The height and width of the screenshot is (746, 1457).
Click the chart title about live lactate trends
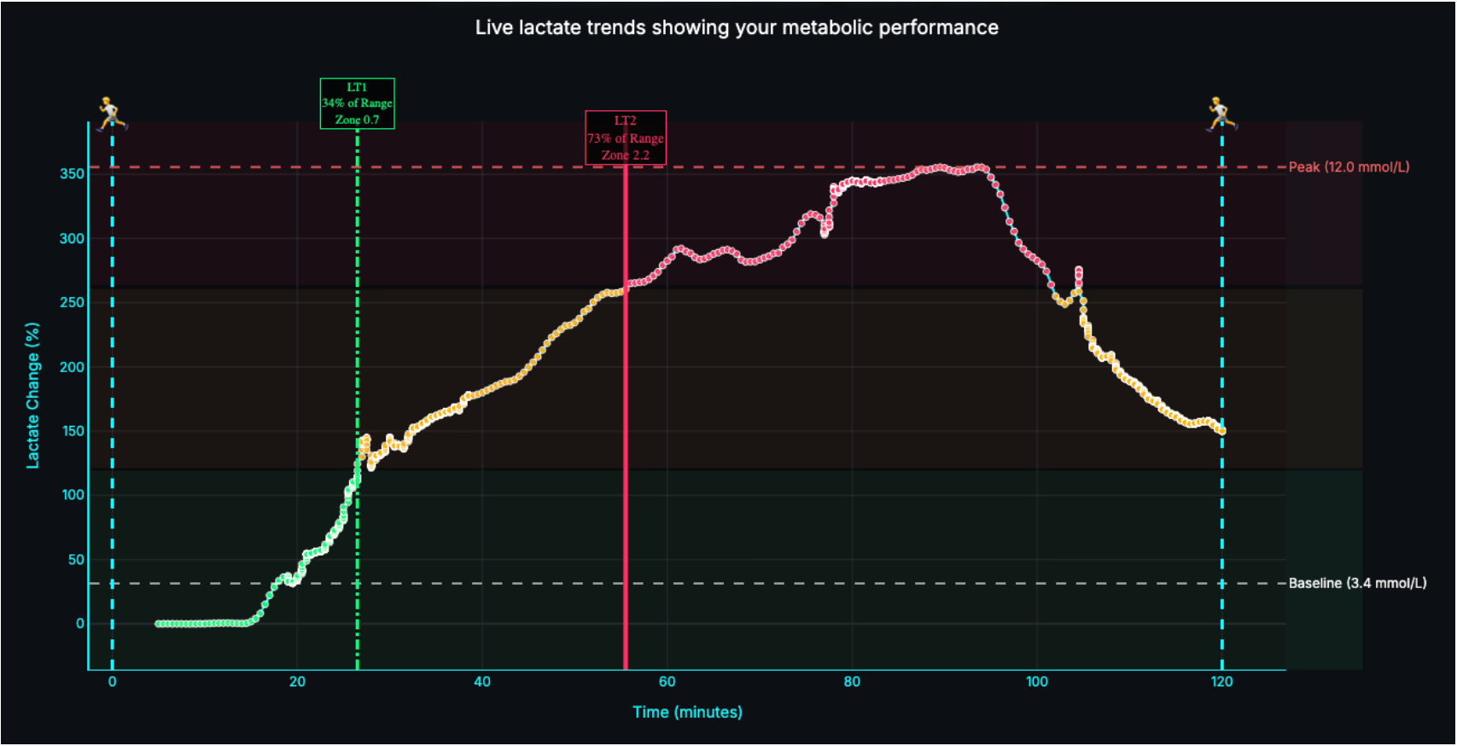pyautogui.click(x=736, y=27)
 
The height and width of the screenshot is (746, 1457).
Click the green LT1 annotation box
pyautogui.click(x=357, y=103)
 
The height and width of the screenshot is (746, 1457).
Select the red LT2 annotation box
pyautogui.click(x=626, y=137)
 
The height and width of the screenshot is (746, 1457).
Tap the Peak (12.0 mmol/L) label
pyautogui.click(x=1349, y=167)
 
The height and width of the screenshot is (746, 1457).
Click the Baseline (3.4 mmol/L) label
pyautogui.click(x=1357, y=584)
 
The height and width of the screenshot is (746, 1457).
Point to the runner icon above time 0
pyautogui.click(x=111, y=114)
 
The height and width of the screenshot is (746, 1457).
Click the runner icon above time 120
pyautogui.click(x=1221, y=114)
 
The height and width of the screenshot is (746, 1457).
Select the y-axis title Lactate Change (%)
pyautogui.click(x=32, y=395)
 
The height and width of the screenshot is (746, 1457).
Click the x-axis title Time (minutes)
pyautogui.click(x=687, y=712)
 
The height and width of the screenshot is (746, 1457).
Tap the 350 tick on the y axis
pyautogui.click(x=72, y=174)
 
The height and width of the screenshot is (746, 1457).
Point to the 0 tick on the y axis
pyautogui.click(x=79, y=624)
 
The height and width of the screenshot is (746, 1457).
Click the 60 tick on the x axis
pyautogui.click(x=667, y=681)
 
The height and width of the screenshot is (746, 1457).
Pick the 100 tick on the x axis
pyautogui.click(x=1036, y=681)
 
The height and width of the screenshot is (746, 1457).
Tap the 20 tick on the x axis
pyautogui.click(x=297, y=681)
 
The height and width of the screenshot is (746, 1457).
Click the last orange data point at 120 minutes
pyautogui.click(x=1222, y=431)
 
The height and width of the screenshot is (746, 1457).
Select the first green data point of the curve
pyautogui.click(x=158, y=624)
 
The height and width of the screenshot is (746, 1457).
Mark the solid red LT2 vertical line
pyautogui.click(x=626, y=427)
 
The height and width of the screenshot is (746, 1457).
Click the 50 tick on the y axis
pyautogui.click(x=76, y=560)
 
